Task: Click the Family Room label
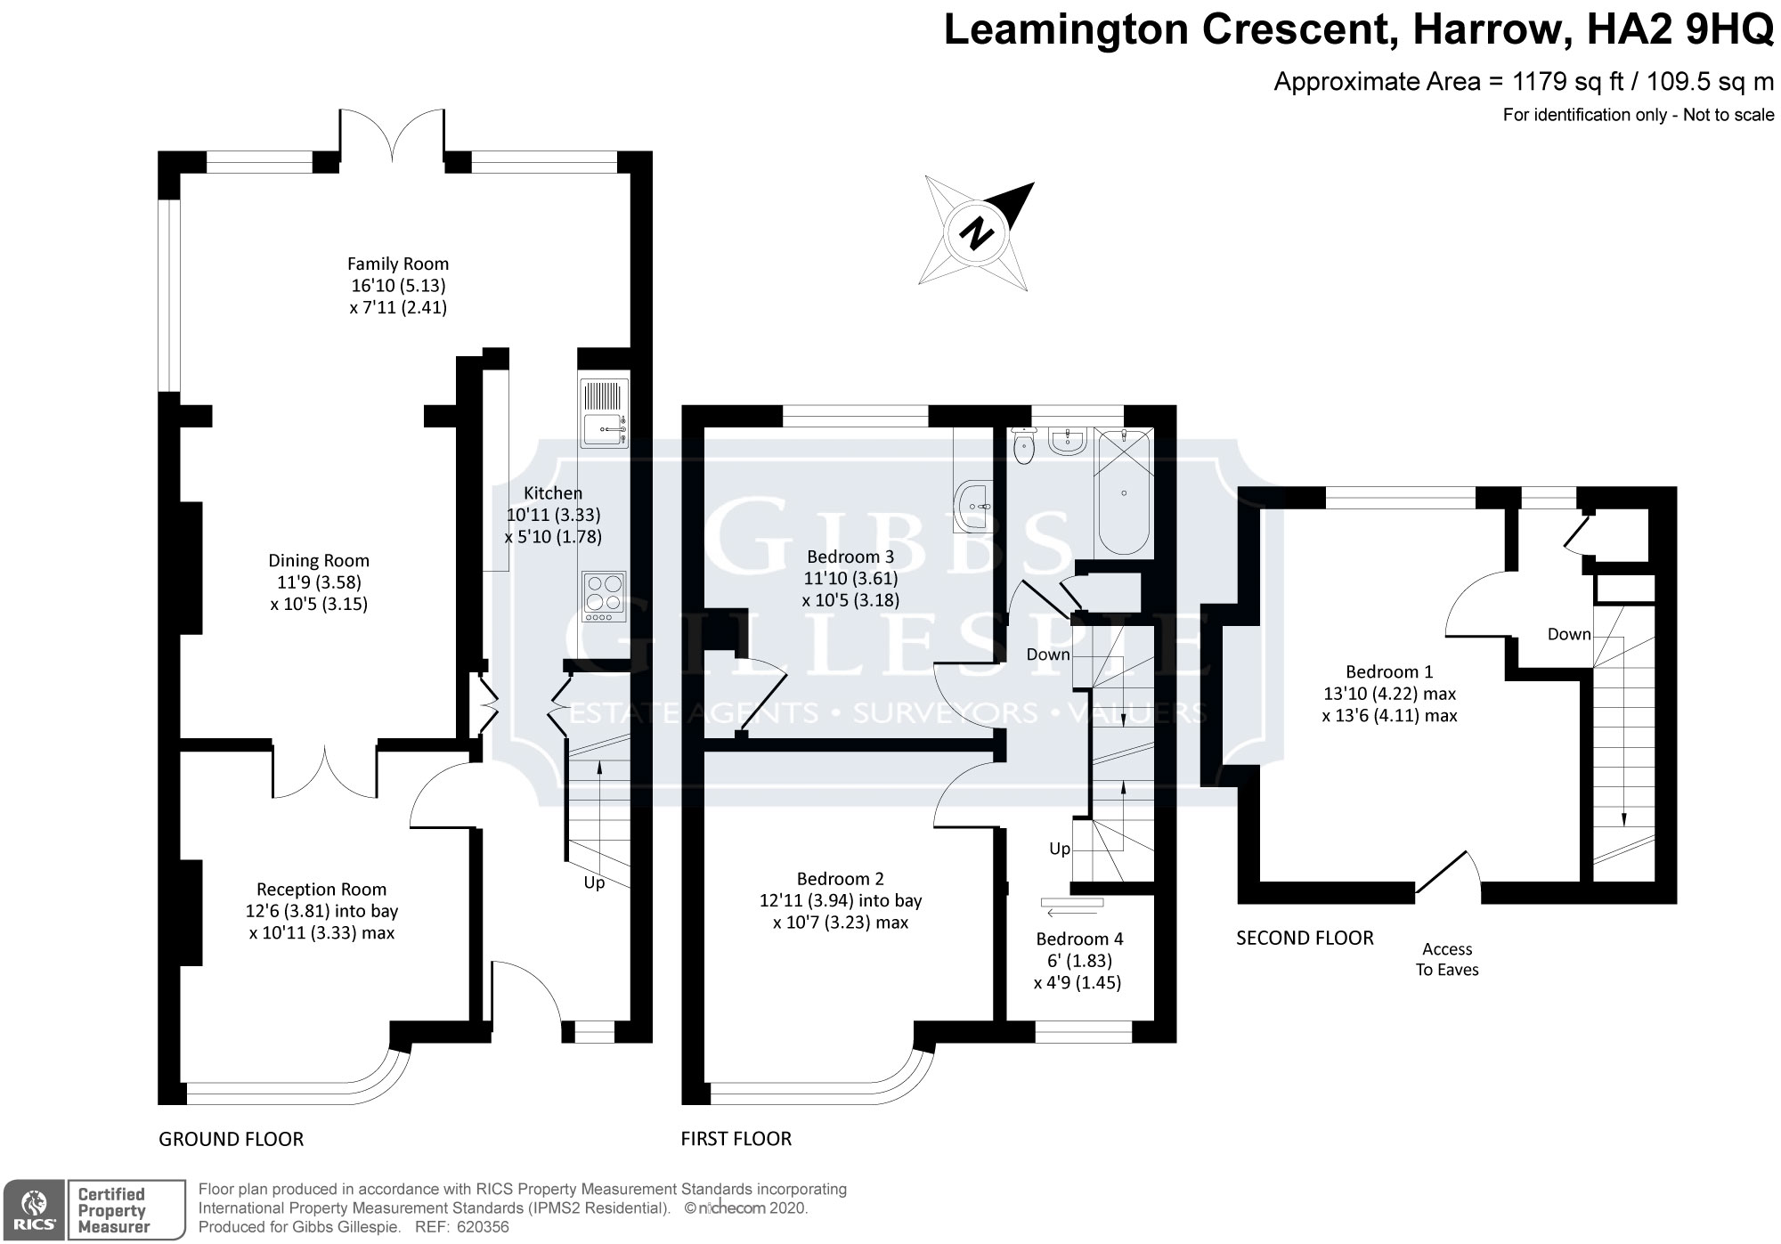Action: pos(397,264)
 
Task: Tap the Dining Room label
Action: pos(319,560)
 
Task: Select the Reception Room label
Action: pos(321,889)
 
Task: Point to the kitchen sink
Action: pos(605,414)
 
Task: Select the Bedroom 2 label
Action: pos(841,879)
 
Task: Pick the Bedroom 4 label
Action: pos(1079,939)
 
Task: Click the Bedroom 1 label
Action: pos(1389,671)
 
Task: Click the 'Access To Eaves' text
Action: pos(1447,959)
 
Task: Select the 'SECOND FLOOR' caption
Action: pos(1305,938)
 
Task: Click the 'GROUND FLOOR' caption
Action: pos(231,1139)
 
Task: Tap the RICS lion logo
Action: pos(33,1209)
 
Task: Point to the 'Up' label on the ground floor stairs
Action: pos(594,883)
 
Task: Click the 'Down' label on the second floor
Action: pos(1569,634)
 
